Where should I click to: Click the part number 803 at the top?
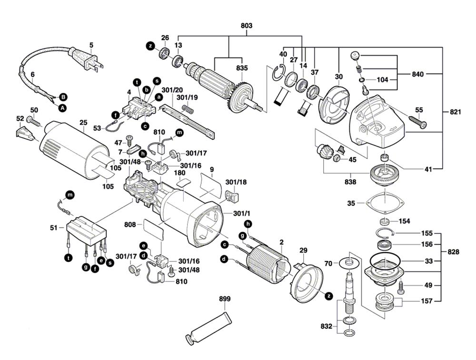247,25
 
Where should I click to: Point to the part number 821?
455,112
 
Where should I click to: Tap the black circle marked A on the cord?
62,108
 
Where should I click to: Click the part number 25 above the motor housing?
83,123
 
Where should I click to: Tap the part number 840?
418,74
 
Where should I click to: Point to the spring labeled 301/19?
188,110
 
